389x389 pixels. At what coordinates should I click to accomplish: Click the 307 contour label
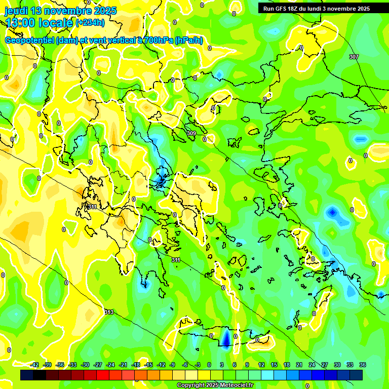pos(354,57)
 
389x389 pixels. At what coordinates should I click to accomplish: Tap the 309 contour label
pos(191,133)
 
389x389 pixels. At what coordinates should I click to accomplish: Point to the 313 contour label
pos(109,312)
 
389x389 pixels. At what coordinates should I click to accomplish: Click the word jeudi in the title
pos(16,11)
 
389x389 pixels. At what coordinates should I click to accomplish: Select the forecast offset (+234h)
pos(90,22)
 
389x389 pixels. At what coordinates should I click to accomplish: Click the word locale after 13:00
pos(55,23)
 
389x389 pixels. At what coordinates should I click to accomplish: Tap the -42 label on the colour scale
pos(34,365)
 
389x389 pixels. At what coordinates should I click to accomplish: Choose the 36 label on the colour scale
pos(362,365)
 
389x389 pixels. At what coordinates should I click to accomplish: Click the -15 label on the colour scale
pos(148,365)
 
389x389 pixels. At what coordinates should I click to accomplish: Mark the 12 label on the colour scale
pos(261,365)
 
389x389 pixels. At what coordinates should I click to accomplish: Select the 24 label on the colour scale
pos(312,365)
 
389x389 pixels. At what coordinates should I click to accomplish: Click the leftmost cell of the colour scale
pos(27,375)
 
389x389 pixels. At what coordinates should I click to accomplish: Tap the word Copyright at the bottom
pos(191,385)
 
